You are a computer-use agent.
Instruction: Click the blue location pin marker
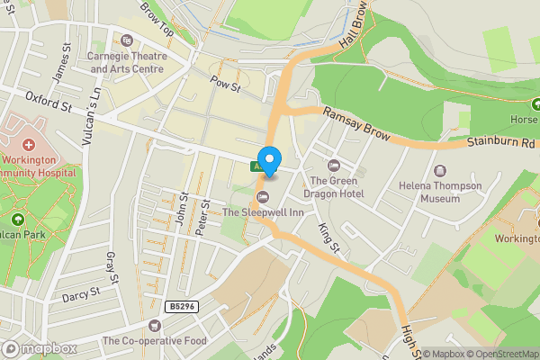[269, 158]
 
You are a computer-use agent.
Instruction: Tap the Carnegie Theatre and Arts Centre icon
[127, 40]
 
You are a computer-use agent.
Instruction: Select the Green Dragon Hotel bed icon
[334, 165]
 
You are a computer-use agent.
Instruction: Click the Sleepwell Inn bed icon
[263, 197]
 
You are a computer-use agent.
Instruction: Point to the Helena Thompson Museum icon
[440, 170]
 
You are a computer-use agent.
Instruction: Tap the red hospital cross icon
[28, 144]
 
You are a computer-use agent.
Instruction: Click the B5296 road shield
[181, 307]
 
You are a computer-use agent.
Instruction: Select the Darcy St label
[78, 295]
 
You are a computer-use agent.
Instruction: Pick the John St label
[184, 208]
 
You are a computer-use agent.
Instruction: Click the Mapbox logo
[40, 348]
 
